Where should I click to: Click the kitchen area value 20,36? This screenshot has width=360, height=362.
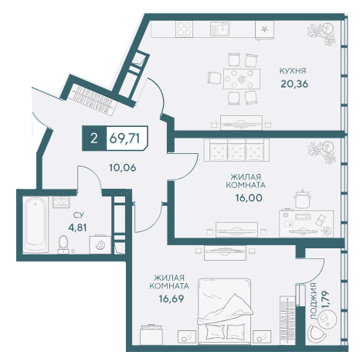[x=294, y=84]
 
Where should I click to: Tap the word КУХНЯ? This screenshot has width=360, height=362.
[x=293, y=71]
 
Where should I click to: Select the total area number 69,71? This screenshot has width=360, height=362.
[x=124, y=138]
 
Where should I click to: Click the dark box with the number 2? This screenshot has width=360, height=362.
[x=94, y=138]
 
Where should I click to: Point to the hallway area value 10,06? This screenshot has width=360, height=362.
[x=123, y=168]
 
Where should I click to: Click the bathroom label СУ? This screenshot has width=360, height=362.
[x=79, y=214]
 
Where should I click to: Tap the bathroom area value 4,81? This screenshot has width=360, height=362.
[x=77, y=227]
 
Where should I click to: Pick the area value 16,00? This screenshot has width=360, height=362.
[x=249, y=198]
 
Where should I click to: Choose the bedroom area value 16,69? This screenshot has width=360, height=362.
[x=172, y=299]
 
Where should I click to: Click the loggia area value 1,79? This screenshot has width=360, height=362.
[x=325, y=299]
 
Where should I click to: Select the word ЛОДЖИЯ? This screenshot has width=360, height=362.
[x=314, y=301]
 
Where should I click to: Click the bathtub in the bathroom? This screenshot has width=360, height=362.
[x=35, y=224]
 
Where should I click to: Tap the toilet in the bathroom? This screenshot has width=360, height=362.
[x=63, y=244]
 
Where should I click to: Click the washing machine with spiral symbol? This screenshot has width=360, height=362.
[x=100, y=244]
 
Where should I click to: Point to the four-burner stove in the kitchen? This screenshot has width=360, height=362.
[x=185, y=29]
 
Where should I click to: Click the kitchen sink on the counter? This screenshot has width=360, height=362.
[x=219, y=29]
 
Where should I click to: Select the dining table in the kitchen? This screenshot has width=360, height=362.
[x=242, y=79]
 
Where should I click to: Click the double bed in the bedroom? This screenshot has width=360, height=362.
[x=224, y=311]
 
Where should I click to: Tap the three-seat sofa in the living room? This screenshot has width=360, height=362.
[x=236, y=150]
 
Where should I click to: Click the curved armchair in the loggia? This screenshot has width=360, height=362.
[x=317, y=333]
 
